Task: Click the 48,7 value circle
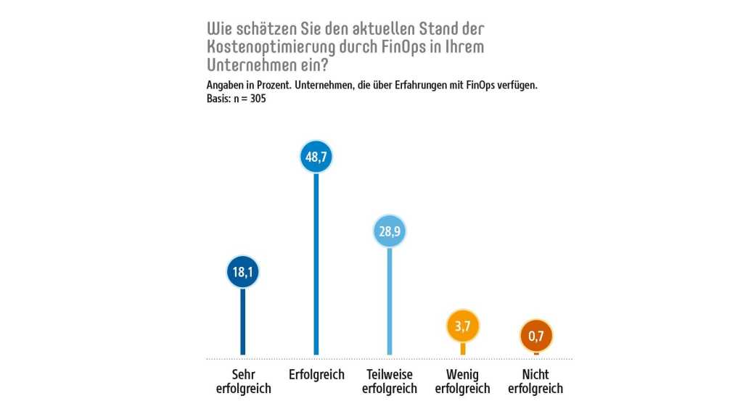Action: coord(316,157)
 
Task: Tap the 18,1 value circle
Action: coord(242,272)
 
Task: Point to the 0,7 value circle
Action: coord(536,337)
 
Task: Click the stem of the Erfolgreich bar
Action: coord(316,265)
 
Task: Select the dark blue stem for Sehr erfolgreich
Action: coord(242,323)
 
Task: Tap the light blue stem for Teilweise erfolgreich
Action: coord(390,302)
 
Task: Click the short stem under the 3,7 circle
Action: coord(463,350)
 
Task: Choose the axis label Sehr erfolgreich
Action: coord(243,381)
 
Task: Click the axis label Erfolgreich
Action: coord(316,375)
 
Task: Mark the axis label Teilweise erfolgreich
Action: coord(390,381)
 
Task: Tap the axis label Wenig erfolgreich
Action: coord(463,381)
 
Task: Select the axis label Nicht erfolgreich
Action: coord(536,381)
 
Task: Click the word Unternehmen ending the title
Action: coord(251,64)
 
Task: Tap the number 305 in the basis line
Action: coord(257,99)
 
